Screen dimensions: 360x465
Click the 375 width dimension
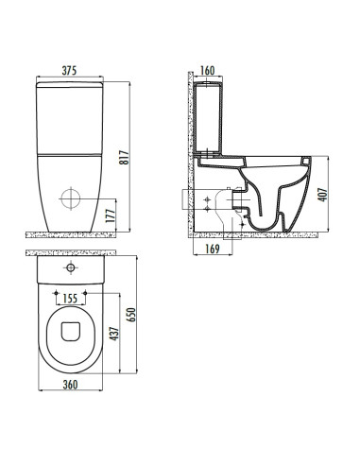69,71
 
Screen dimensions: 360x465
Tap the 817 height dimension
125,157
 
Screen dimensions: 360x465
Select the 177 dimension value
111,215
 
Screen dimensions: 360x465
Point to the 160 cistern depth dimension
208,71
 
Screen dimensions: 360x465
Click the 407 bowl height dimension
323,195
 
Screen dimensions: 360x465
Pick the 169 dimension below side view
213,249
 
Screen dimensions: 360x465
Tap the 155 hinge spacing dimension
70,299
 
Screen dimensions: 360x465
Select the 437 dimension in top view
114,334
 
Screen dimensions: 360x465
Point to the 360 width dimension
70,385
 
